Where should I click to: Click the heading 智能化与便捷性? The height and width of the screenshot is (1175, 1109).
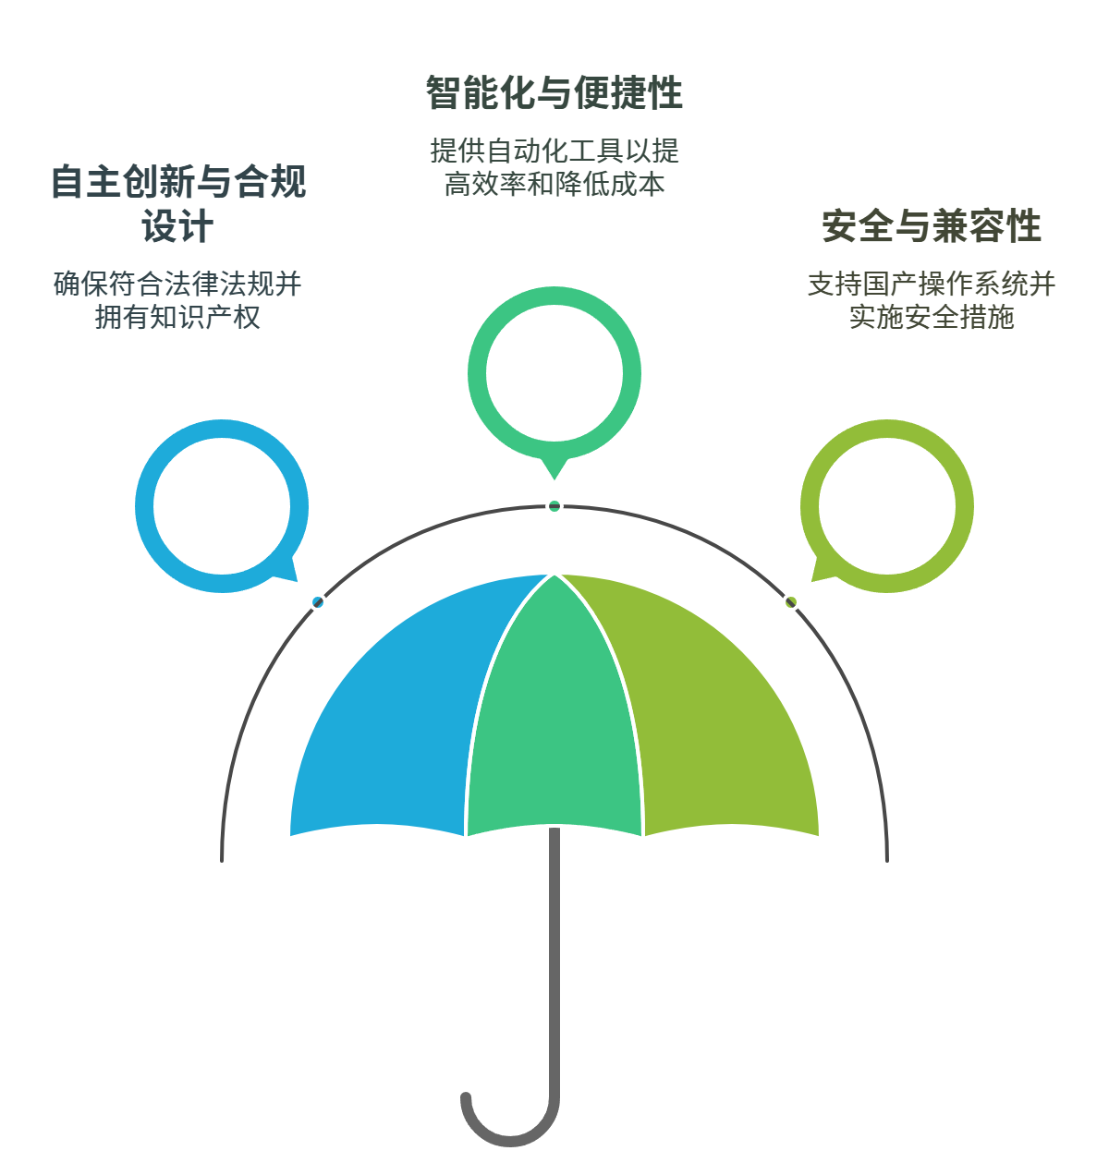point(554,93)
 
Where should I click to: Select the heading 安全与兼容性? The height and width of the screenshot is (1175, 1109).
point(931,226)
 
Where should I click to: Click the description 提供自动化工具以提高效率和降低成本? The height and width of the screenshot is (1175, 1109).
point(554,167)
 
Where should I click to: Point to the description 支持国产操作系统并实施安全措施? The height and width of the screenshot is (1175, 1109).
point(931,300)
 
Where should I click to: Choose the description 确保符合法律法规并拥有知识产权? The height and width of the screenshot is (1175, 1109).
point(177,300)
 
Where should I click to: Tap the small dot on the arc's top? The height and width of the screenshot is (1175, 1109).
point(554,505)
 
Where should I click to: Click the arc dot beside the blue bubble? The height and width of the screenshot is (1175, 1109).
point(318,602)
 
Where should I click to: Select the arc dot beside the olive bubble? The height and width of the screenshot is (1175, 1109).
point(791,602)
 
